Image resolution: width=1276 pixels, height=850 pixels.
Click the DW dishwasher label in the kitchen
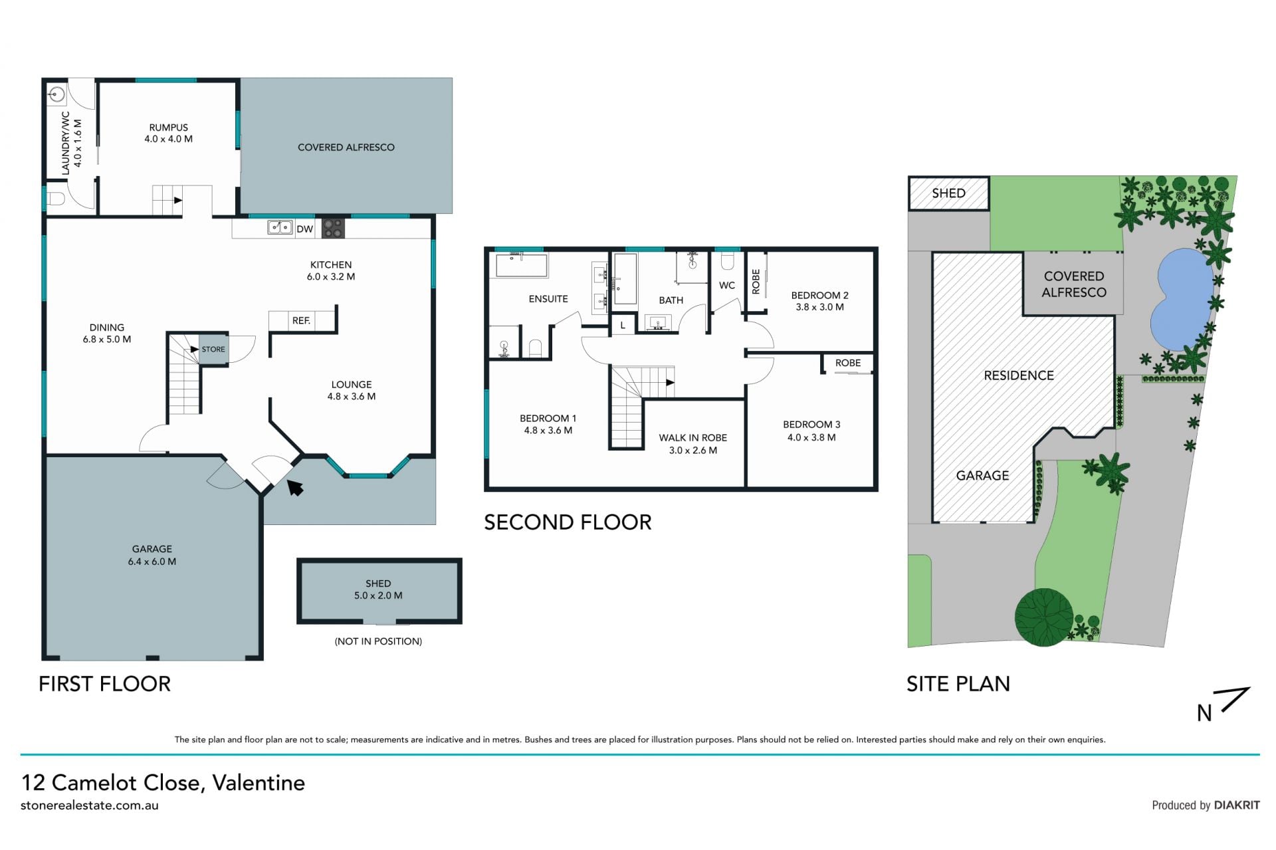coord(304,229)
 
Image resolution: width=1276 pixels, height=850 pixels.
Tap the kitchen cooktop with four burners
coord(333,229)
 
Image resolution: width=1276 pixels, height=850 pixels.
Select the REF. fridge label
coord(301,320)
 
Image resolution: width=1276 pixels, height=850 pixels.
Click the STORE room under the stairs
coord(213,349)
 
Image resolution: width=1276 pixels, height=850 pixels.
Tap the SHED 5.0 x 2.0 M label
coord(378,589)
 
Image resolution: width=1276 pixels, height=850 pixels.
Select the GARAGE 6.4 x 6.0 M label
coord(152,555)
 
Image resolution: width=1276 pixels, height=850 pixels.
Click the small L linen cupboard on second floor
coord(623,326)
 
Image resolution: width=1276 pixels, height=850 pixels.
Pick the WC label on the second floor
coord(727,285)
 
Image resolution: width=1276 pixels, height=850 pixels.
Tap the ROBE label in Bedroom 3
coord(848,363)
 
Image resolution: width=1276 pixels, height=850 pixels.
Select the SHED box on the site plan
coord(948,193)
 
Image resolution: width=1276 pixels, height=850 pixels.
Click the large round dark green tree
coord(1043,617)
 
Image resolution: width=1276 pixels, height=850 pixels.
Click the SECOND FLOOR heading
coord(568,522)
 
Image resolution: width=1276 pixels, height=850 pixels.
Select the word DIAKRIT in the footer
coord(1237,805)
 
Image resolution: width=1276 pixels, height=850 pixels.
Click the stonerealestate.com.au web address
coord(90,805)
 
